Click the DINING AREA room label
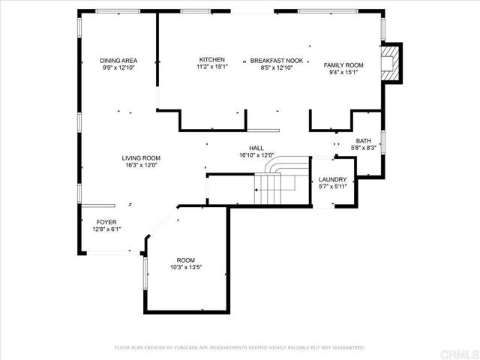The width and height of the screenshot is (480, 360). (118, 61)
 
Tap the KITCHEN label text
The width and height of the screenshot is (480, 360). (211, 60)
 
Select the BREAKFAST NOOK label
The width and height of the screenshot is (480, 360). (277, 61)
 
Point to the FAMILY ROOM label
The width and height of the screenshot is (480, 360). (343, 65)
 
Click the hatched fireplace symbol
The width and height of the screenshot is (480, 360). (390, 63)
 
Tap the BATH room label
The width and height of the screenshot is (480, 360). (363, 141)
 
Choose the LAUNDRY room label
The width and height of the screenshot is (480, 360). (332, 179)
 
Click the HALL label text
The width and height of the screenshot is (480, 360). (256, 148)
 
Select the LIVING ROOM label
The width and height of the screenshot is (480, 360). (141, 158)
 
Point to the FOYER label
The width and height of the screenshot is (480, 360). (106, 222)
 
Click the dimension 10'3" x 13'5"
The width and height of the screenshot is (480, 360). (186, 267)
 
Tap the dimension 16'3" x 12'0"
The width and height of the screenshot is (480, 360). (141, 165)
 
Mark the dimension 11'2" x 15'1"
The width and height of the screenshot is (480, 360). (212, 67)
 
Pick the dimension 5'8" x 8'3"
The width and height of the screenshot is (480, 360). (363, 148)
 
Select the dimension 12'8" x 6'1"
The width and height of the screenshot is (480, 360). (106, 229)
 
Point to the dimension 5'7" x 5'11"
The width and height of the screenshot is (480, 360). (332, 187)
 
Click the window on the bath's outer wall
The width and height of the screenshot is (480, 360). (382, 142)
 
